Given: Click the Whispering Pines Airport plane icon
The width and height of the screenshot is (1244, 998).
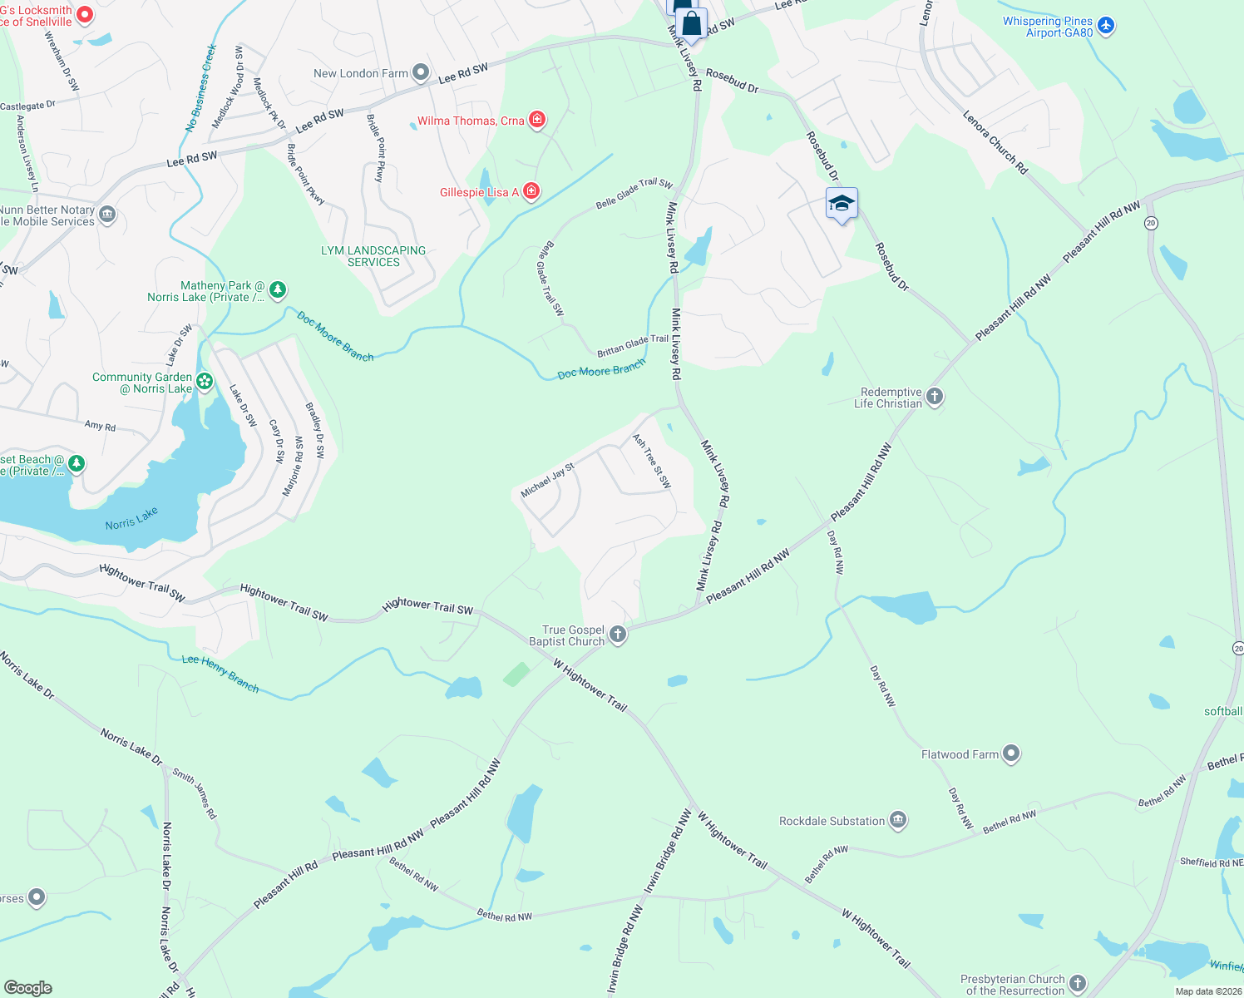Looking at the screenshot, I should point(1105,26).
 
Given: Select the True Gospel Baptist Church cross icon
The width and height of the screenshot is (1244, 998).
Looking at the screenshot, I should point(617,635).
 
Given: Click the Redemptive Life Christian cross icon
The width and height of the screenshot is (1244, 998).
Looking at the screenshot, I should point(935,397).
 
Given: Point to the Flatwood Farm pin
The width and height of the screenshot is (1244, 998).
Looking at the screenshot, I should point(1011,753).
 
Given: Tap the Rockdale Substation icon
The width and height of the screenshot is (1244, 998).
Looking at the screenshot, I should point(898,821).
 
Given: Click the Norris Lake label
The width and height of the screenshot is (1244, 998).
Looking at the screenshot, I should point(131,518).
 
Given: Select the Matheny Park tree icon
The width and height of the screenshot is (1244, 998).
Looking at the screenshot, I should point(278,290).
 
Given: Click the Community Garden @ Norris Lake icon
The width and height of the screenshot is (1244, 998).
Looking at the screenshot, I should point(205,382).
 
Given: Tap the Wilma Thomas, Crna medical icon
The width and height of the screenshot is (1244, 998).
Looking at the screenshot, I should point(537,121).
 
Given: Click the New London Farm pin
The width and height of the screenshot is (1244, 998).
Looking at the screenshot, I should point(421,73).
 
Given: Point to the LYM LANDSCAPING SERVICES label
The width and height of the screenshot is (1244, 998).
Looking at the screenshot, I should point(373,256).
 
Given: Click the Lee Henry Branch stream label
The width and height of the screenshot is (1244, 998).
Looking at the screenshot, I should point(220,673).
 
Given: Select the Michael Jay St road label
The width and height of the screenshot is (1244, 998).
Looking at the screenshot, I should point(547,482).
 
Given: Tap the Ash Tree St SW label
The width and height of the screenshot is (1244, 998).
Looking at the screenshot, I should point(651,462).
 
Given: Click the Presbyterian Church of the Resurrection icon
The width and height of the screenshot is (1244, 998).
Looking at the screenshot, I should point(1078,983).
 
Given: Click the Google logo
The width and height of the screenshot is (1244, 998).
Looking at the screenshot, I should point(27,988).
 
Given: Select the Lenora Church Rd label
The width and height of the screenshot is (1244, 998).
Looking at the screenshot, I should point(995,142).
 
